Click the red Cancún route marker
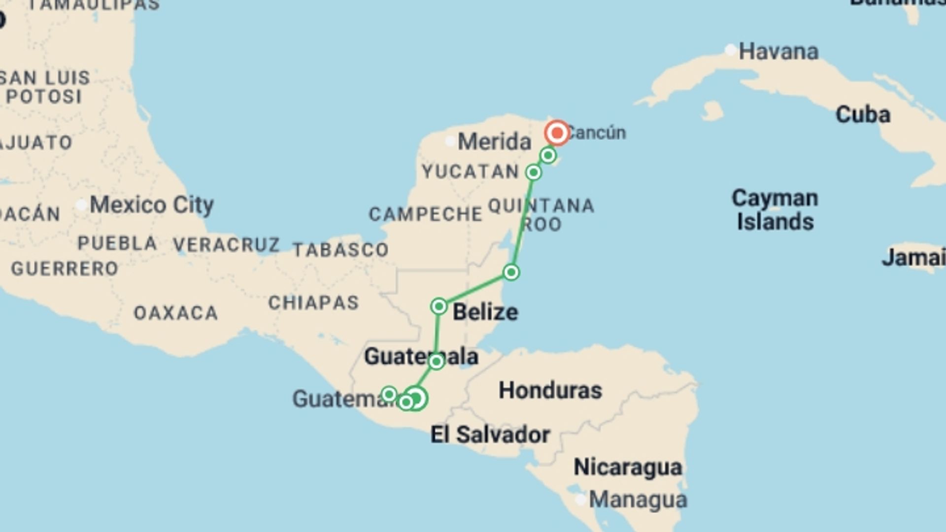click(557, 133)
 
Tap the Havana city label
click(778, 52)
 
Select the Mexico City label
click(151, 205)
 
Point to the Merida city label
click(494, 142)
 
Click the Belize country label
click(485, 312)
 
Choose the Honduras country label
click(550, 391)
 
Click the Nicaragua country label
click(628, 467)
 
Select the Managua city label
click(638, 500)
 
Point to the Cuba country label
click(863, 115)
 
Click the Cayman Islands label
click(775, 210)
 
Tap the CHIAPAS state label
click(313, 303)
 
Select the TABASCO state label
click(340, 250)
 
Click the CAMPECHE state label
click(425, 214)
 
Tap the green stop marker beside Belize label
click(439, 306)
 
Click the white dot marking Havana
click(731, 50)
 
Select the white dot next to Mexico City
click(81, 205)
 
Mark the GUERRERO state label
click(65, 269)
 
